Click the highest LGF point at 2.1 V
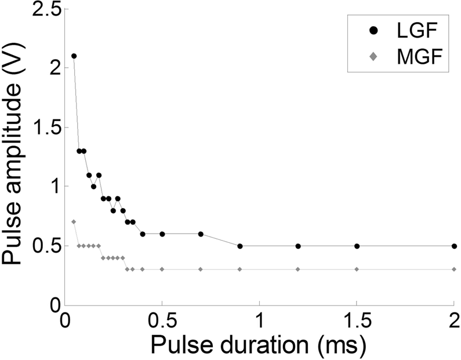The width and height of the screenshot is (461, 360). (74, 56)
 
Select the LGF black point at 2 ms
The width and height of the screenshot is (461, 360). (454, 246)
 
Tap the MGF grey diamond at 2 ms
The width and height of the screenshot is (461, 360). (454, 269)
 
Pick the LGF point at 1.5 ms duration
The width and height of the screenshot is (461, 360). (357, 246)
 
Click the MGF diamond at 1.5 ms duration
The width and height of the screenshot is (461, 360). (357, 269)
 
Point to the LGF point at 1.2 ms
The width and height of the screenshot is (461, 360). (298, 246)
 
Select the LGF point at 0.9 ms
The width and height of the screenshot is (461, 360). (239, 246)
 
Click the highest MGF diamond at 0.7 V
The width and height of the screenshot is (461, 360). (74, 221)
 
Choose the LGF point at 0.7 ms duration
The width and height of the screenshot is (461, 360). (201, 234)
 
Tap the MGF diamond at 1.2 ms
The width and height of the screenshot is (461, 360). (298, 269)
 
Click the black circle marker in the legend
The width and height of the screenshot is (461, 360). (374, 29)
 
